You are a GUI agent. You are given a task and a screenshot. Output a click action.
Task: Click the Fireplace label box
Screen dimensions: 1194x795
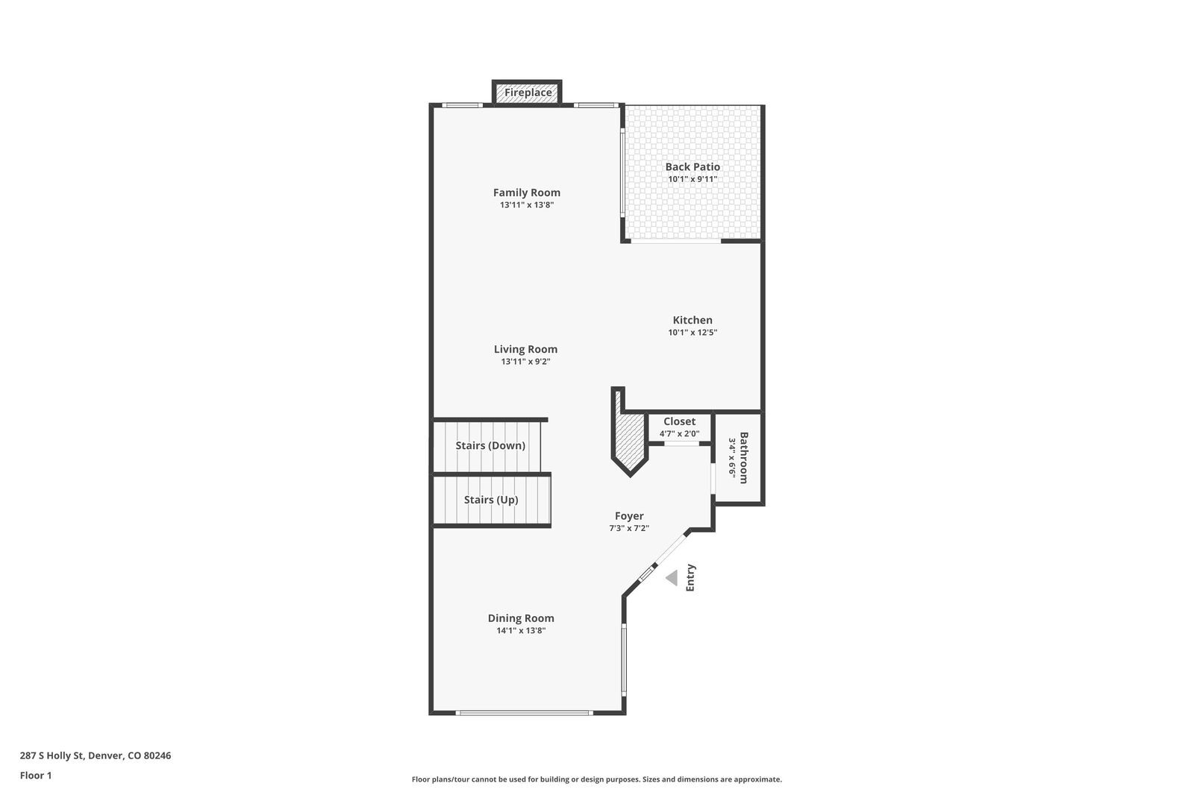coord(527,92)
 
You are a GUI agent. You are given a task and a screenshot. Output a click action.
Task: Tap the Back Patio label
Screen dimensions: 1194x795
coord(693,167)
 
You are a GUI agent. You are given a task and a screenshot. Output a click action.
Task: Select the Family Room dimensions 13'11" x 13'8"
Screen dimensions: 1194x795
coord(527,204)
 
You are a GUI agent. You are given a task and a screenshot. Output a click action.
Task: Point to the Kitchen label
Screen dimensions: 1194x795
coord(693,320)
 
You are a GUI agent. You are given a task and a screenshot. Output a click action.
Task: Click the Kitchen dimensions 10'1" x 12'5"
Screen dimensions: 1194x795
coord(693,333)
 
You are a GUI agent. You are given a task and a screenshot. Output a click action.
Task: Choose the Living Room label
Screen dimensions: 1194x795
coord(525,350)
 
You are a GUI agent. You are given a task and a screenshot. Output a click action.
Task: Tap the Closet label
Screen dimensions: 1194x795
coord(679,421)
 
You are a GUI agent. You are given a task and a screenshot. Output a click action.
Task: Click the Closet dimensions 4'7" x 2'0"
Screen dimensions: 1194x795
coord(679,434)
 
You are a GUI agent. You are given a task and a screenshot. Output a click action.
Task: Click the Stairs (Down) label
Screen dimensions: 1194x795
coord(490,445)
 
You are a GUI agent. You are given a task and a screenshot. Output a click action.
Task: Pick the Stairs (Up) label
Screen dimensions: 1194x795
coord(491,500)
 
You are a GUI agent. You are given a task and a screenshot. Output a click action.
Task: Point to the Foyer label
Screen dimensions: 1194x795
coord(629,516)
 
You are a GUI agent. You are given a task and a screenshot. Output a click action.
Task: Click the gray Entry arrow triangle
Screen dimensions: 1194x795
coord(672,578)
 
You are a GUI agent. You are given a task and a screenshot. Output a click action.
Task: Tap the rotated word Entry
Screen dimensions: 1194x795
coord(690,577)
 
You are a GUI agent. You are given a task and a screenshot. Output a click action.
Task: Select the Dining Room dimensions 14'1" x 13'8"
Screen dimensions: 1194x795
coord(521,631)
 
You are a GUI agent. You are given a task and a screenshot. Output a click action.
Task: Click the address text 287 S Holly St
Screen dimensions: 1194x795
coord(52,755)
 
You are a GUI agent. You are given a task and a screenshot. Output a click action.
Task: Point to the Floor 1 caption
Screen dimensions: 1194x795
coord(36,776)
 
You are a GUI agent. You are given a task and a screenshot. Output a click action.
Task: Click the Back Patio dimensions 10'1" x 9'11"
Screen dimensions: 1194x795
coord(693,180)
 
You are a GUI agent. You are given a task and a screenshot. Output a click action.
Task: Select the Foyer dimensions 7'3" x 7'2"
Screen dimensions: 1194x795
coord(629,529)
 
